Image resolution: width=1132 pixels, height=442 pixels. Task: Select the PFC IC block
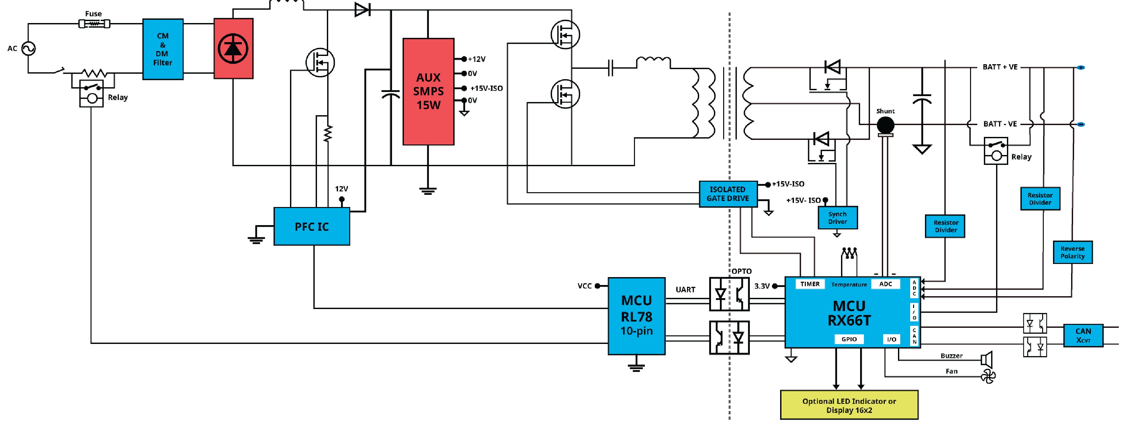[312, 226]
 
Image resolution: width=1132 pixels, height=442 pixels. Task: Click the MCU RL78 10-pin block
[636, 316]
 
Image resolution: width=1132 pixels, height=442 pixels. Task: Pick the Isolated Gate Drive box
[728, 194]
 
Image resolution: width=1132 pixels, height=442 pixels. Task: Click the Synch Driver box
[838, 218]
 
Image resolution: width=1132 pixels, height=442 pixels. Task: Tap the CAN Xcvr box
[1083, 335]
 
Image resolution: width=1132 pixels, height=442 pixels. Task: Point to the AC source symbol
[29, 48]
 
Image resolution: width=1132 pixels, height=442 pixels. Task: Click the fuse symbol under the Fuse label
[94, 24]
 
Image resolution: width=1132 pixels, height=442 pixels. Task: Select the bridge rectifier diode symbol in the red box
[233, 48]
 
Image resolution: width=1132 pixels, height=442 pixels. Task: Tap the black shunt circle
[885, 125]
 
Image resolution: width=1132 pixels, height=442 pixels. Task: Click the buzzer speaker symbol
[987, 359]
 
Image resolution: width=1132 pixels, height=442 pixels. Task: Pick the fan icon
[988, 376]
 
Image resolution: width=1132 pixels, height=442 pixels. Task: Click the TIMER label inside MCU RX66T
[810, 284]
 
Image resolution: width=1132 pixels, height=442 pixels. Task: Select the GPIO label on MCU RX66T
[849, 339]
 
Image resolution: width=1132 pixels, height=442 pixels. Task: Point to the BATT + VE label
[1000, 67]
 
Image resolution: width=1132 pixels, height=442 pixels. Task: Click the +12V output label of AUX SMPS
[476, 59]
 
